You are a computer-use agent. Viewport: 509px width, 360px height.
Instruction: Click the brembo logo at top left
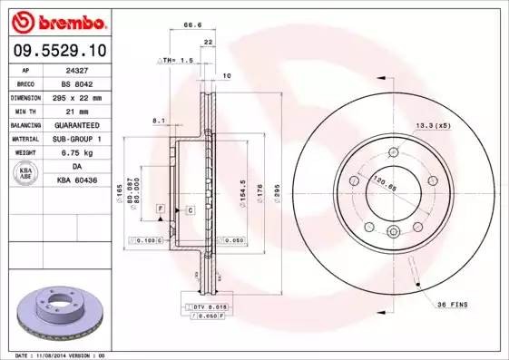click(54, 21)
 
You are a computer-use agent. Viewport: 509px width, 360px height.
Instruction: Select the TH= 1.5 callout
click(177, 60)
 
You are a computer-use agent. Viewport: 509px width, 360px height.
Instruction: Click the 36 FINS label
click(451, 304)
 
